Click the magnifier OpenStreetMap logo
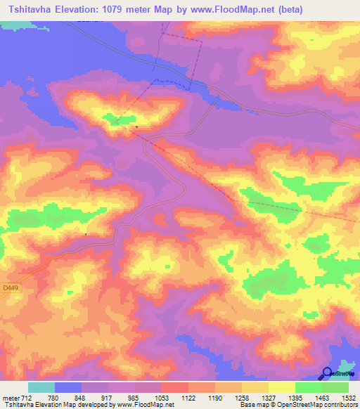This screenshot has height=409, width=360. click(327, 374)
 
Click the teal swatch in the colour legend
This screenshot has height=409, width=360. click(41, 387)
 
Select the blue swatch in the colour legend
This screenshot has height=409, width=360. click(68, 387)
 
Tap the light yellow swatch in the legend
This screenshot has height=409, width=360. click(282, 387)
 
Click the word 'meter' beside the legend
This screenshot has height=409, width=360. click(10, 397)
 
